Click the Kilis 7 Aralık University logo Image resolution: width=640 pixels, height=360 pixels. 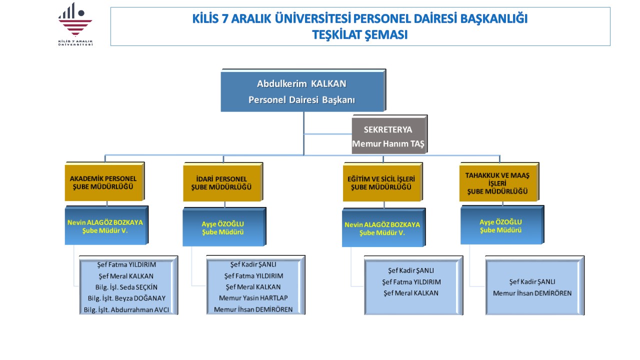75,24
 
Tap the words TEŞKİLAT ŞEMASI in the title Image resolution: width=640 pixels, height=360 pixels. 360,34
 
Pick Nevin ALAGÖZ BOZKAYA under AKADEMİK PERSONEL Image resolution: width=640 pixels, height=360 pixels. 105,221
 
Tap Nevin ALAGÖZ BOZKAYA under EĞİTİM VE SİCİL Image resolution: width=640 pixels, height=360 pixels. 382,224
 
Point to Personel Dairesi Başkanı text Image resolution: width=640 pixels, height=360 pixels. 301,99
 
